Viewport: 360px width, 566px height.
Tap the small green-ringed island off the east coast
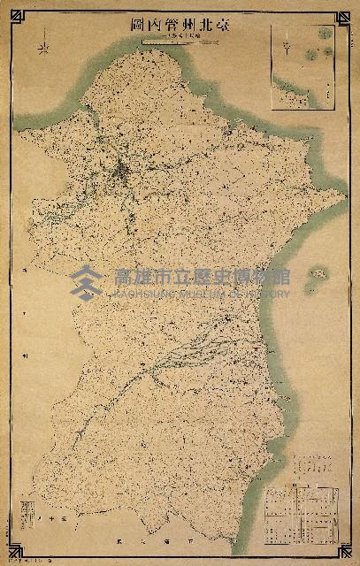pos(317,273)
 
